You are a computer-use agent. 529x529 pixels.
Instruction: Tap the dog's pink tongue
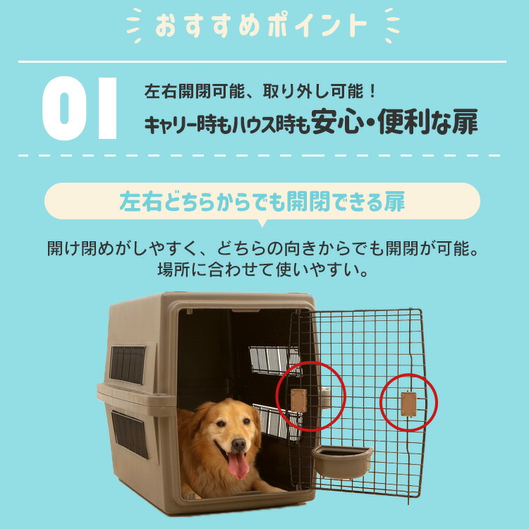pos(238,466)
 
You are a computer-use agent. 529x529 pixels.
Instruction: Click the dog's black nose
pos(239,444)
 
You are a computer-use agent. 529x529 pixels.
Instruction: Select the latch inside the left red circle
pos(299,400)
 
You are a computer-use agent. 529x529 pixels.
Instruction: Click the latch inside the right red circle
pos(408,403)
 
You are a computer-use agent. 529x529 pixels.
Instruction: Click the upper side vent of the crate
pos(128,365)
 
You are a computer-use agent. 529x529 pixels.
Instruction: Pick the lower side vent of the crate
pos(129,434)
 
